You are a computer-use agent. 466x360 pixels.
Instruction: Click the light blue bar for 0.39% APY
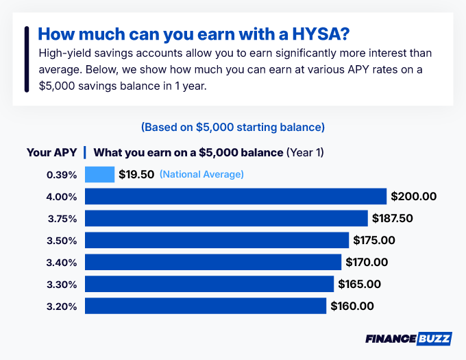coord(99,174)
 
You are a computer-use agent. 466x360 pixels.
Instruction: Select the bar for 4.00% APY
coord(236,196)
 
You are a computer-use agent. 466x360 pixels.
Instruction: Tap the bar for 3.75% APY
coord(226,218)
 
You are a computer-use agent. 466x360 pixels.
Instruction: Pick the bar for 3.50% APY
coord(217,240)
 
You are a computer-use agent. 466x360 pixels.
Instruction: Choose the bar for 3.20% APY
coord(206,306)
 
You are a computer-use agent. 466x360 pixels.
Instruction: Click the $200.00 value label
coord(414,196)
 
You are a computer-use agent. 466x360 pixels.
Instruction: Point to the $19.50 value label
coord(136,174)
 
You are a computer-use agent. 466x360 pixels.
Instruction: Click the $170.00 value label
coord(367,262)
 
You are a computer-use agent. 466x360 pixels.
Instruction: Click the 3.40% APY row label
coord(62,262)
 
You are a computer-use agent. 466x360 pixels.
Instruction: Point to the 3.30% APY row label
coord(62,284)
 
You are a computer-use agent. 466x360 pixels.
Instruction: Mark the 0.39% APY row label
coord(62,174)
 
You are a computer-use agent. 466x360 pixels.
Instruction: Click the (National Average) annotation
coord(201,174)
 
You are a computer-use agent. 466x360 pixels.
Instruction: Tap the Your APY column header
coord(51,152)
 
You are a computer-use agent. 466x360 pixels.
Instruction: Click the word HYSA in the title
coord(326,34)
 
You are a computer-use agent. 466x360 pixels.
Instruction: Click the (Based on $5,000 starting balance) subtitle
coord(232,128)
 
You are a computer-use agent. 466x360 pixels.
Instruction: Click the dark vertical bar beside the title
coord(27,59)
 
